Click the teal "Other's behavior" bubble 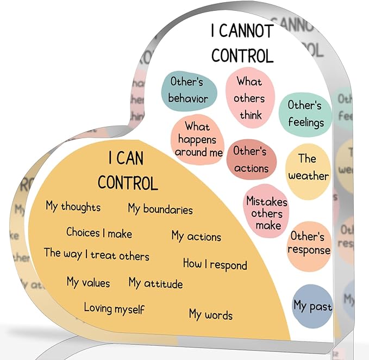188,90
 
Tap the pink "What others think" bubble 249,98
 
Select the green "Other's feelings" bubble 305,113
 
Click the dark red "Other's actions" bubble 251,159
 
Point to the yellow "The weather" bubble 308,167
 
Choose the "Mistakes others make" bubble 267,213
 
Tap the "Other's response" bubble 309,244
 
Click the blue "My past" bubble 312,306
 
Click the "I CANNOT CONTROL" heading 242,44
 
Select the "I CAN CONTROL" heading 128,171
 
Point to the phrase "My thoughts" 73,207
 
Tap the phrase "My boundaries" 160,208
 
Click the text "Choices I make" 99,233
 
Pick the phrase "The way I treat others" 97,254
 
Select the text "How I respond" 215,264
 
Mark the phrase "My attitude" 155,283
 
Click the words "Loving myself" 114,308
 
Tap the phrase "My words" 211,314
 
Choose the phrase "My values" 88,282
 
